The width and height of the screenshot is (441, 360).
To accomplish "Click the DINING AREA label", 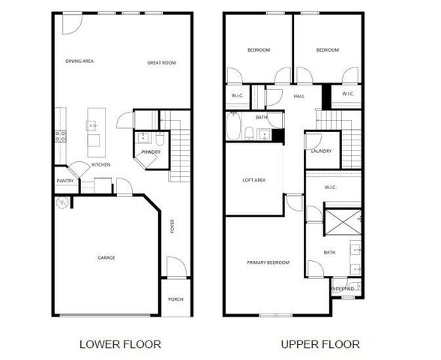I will pyautogui.click(x=79, y=61).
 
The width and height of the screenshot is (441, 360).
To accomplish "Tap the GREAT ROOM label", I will pyautogui.click(x=161, y=63).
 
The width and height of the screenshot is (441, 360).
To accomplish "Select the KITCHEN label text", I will pyautogui.click(x=101, y=165).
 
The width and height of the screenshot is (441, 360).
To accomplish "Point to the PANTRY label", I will pyautogui.click(x=64, y=181).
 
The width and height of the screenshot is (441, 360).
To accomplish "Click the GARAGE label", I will pyautogui.click(x=106, y=258).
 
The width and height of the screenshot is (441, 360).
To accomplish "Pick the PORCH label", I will pyautogui.click(x=175, y=299).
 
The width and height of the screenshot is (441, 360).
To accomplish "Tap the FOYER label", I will pyautogui.click(x=172, y=226).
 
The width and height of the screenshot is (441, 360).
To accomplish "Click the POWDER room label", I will pyautogui.click(x=151, y=152).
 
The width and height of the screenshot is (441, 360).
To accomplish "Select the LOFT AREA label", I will pyautogui.click(x=253, y=180).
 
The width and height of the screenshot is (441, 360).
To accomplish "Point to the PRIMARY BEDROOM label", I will pyautogui.click(x=268, y=262).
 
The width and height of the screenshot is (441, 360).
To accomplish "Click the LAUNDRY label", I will pyautogui.click(x=321, y=151).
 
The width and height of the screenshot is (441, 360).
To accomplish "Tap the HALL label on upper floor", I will pyautogui.click(x=298, y=96).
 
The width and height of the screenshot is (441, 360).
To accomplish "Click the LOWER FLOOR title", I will pyautogui.click(x=120, y=344).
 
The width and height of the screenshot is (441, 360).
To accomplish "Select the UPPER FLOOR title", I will pyautogui.click(x=320, y=344).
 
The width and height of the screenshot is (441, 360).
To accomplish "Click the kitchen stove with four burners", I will pyautogui.click(x=60, y=136).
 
